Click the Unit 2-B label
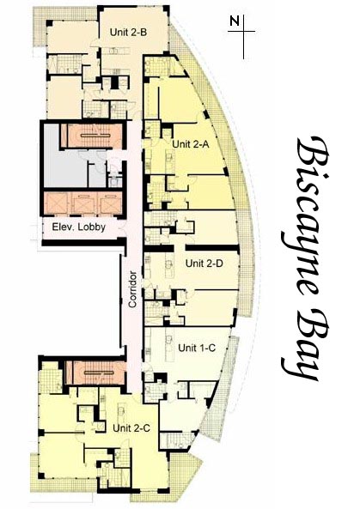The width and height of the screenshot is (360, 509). click(x=128, y=33)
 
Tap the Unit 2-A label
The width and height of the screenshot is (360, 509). click(x=191, y=144)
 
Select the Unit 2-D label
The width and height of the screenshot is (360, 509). click(x=204, y=264)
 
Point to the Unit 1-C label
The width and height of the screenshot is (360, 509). click(x=197, y=348)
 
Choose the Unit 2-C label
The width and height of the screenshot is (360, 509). click(x=131, y=428)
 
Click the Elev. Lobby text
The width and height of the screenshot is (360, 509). click(x=79, y=227)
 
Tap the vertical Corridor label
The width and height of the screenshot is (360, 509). click(x=132, y=289)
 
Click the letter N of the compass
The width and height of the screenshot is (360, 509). click(x=235, y=21)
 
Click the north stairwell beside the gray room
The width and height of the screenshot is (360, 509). click(x=93, y=135)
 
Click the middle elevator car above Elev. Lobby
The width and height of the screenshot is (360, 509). click(x=84, y=203)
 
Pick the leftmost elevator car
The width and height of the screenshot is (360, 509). click(x=56, y=203)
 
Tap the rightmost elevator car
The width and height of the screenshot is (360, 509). click(x=111, y=203)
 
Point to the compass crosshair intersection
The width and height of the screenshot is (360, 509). click(x=243, y=32)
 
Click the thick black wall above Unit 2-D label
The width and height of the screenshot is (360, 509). click(x=212, y=248)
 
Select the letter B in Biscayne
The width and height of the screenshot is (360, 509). click(x=310, y=152)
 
